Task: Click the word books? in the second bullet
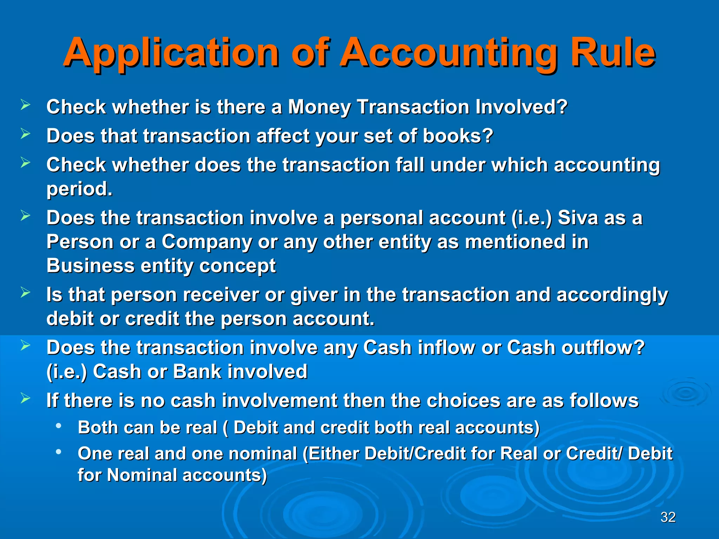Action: pos(458,136)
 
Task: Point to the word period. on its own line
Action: pos(79,189)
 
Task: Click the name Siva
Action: pos(578,218)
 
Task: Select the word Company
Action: pos(206,242)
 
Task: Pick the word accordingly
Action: pos(612,295)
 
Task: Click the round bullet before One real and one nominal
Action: pos(59,452)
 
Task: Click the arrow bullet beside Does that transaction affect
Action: pos(25,134)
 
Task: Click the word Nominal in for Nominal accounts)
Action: pos(142,475)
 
